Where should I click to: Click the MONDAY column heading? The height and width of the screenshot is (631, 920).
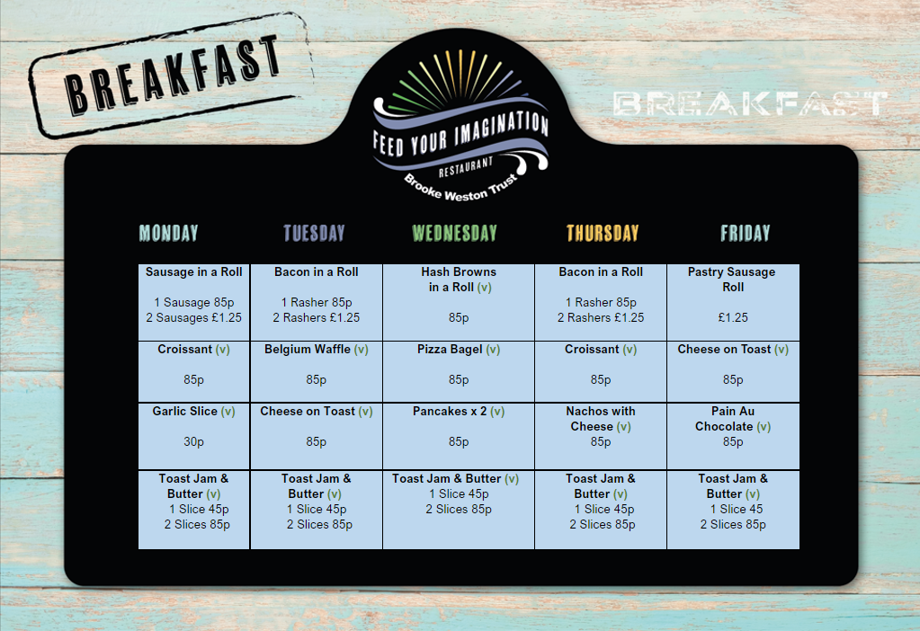168,233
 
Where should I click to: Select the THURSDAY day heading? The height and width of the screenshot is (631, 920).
602,233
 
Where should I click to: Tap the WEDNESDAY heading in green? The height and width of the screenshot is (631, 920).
454,233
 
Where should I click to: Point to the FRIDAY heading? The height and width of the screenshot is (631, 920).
745,233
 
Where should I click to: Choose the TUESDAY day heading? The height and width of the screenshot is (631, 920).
314,233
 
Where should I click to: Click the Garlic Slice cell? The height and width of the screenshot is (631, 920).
193,436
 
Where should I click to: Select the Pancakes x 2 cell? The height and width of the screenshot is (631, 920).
459,436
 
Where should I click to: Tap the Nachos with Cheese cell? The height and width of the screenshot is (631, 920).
601,436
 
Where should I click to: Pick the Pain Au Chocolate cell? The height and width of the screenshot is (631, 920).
733,436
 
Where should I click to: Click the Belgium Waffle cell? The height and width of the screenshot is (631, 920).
317,372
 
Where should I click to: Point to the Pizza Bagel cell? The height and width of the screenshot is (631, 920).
459,372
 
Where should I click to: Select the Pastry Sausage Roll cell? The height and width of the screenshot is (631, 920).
733,302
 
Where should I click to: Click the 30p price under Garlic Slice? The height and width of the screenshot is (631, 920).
193,441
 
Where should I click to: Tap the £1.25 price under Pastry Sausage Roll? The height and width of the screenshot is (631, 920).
733,317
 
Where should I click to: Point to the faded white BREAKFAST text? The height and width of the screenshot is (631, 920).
749,103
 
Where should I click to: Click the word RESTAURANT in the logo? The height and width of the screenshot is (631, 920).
466,166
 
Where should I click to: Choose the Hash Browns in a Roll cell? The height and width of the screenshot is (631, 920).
459,302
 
